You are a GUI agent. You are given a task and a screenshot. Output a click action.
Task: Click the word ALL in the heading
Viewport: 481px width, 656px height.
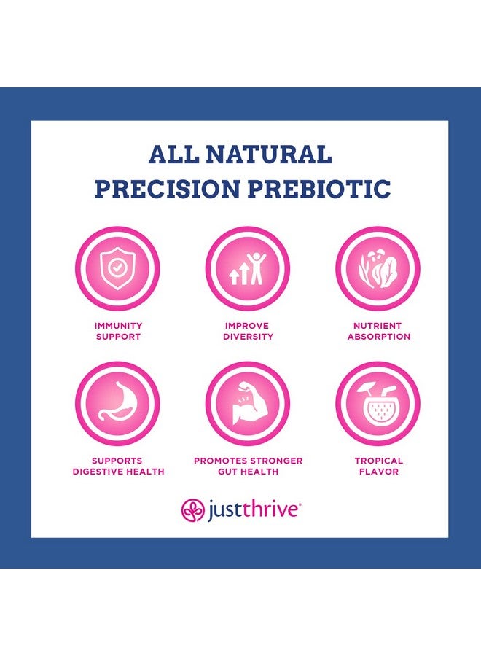click(174, 155)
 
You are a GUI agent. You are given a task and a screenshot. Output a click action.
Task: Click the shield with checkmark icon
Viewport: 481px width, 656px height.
click(117, 268)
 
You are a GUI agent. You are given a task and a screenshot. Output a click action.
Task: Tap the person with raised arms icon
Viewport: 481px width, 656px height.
click(248, 268)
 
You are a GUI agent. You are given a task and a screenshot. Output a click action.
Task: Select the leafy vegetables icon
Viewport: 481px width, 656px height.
click(378, 268)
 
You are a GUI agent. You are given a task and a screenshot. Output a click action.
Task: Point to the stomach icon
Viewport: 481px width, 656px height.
click(117, 403)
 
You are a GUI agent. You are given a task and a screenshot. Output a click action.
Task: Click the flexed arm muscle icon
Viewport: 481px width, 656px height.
click(248, 403)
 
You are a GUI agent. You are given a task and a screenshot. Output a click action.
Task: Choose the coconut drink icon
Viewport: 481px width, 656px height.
click(378, 403)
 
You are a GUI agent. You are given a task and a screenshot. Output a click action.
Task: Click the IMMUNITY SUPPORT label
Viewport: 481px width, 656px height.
click(118, 331)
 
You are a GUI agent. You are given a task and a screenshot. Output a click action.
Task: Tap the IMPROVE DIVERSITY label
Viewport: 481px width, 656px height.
click(248, 331)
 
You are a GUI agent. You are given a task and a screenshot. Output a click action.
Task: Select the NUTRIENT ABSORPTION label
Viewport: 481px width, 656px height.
click(378, 331)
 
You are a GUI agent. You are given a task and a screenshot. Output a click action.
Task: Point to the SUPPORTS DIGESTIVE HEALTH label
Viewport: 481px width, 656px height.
click(118, 466)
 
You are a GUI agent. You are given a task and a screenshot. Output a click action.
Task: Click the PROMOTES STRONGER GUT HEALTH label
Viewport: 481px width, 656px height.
click(248, 466)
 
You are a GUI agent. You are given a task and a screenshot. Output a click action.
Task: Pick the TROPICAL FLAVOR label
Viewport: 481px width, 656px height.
click(378, 466)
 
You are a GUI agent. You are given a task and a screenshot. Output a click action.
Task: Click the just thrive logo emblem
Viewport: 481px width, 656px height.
click(192, 509)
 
